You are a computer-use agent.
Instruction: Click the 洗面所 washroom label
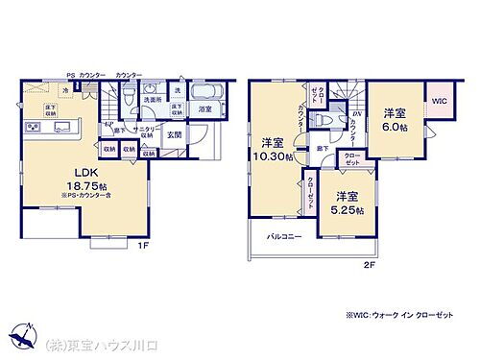coord(153,100)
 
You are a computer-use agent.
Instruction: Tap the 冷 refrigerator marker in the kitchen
coord(65,91)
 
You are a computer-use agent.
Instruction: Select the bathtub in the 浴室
coord(205,94)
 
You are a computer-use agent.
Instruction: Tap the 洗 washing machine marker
coord(177,90)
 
